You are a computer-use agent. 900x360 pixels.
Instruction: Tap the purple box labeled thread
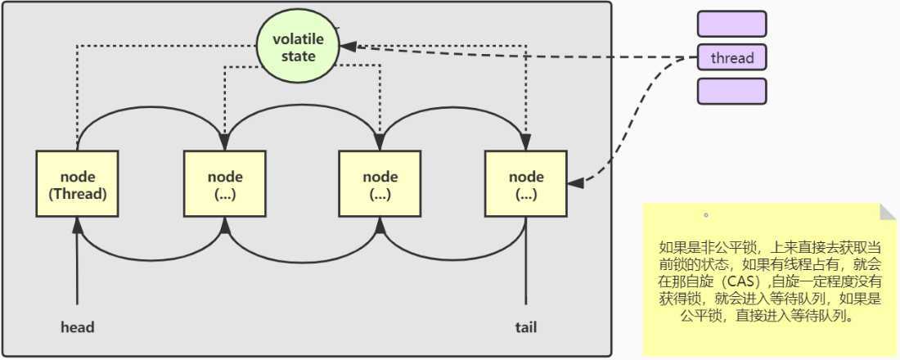pos(731,58)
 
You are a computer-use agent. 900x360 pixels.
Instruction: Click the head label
pos(78,327)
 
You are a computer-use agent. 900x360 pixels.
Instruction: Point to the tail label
pos(526,327)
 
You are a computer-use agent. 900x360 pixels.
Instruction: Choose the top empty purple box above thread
pos(731,24)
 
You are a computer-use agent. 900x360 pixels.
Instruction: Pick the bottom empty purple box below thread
pos(731,91)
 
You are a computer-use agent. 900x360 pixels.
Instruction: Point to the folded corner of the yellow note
pos(888,212)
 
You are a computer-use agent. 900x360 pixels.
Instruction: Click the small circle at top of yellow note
pos(705,216)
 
